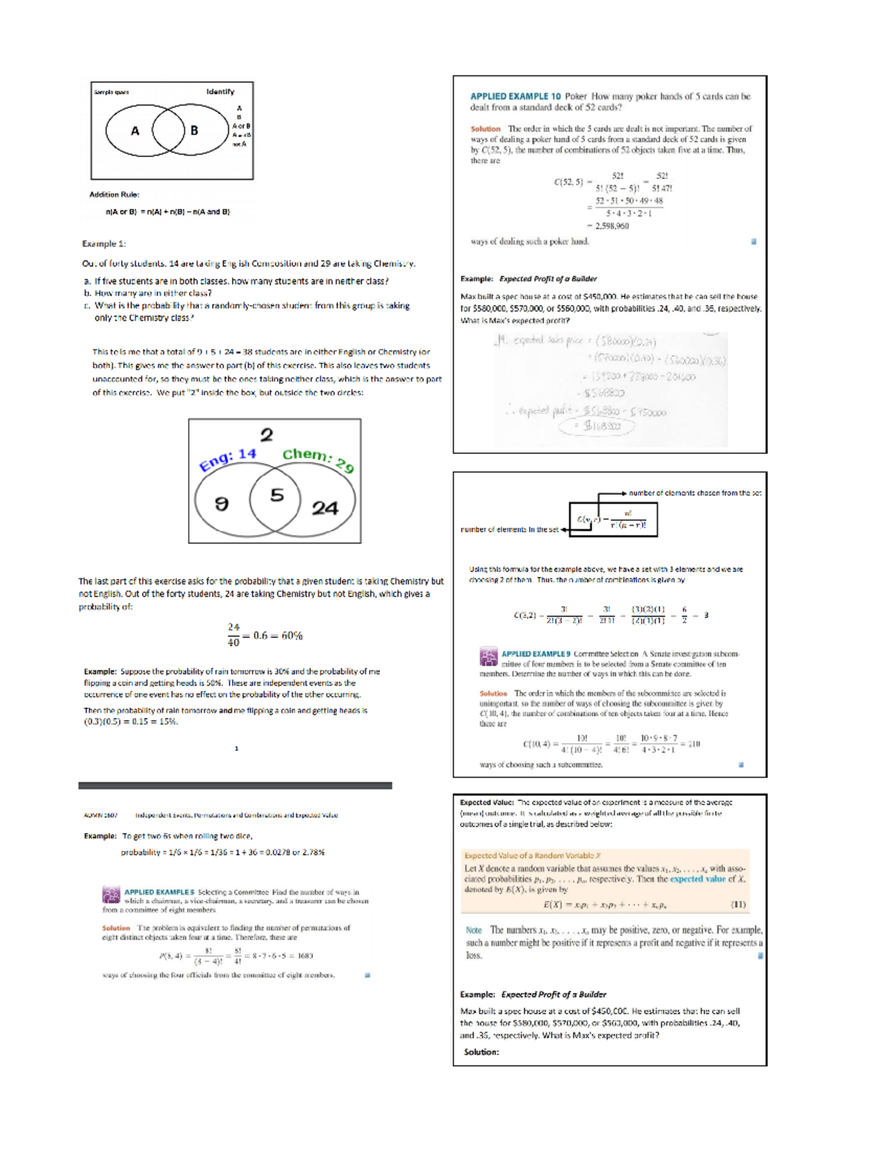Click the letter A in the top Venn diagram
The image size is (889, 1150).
[x=135, y=131]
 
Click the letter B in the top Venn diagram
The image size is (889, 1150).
[x=194, y=131]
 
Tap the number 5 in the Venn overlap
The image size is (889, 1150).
[x=276, y=495]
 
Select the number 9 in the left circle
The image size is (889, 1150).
[x=222, y=504]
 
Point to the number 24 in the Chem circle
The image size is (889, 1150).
[x=324, y=508]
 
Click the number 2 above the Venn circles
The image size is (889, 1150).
[x=267, y=435]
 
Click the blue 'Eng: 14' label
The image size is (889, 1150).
[x=227, y=459]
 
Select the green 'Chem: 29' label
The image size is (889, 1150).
[x=318, y=459]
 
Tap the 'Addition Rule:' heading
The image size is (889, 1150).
[x=114, y=195]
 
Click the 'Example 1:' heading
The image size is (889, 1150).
[x=104, y=244]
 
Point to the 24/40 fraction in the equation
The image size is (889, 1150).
[x=233, y=635]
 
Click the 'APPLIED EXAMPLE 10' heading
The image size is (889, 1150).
[x=515, y=96]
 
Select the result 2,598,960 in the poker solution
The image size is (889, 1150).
[x=612, y=226]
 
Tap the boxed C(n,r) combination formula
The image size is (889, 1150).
[x=613, y=519]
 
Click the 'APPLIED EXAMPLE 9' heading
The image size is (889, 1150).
[x=536, y=654]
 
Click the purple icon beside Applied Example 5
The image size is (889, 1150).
[x=111, y=895]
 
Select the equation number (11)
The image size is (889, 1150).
[x=738, y=904]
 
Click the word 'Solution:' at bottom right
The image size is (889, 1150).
[x=482, y=1052]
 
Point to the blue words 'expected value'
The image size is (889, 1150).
[x=697, y=879]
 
